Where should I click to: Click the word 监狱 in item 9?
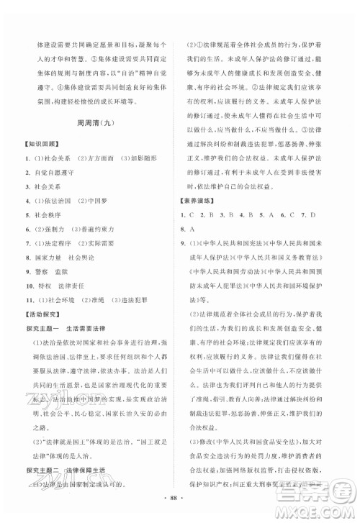coord(73,271)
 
